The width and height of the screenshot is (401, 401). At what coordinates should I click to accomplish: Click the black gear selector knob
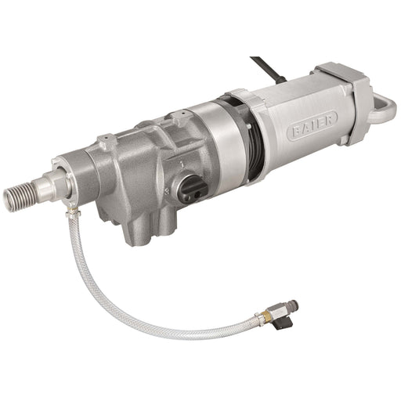coord(193,189)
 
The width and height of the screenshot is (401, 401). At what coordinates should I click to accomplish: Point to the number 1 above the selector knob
coord(183,164)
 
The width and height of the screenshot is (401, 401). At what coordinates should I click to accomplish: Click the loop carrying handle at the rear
coord(384,107)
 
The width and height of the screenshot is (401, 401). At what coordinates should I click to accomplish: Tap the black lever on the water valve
coord(283,323)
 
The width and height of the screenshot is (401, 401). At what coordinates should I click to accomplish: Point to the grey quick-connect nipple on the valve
coord(291,305)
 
